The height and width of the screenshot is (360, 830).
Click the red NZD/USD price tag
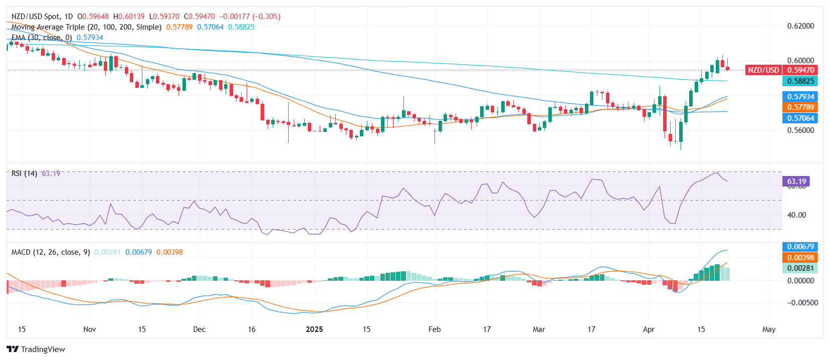pos(763,70)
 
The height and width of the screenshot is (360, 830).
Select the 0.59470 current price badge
pos(800,70)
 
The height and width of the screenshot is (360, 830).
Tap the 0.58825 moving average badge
pos(800,81)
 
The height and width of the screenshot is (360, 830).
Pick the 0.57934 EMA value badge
pos(800,97)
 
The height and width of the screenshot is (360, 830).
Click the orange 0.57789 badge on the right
pos(800,107)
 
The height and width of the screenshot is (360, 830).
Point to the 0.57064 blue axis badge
pos(800,118)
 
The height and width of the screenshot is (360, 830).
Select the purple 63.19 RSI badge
pos(796,182)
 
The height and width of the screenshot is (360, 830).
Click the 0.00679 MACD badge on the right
pos(800,247)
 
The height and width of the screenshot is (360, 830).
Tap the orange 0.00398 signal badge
pos(800,258)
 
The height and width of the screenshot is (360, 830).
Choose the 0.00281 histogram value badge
pos(800,268)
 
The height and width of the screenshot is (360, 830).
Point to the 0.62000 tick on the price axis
pos(800,26)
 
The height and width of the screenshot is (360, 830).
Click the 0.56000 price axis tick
pos(800,130)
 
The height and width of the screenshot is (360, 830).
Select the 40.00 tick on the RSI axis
pos(796,215)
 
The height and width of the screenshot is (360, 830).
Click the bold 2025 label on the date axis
pos(314,329)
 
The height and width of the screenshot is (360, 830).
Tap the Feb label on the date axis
pos(435,329)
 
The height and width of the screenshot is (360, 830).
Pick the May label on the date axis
pos(768,329)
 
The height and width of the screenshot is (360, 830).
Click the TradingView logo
pos(36,349)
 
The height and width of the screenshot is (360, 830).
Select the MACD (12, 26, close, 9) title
pos(51,252)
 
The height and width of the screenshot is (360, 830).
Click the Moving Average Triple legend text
pos(86,27)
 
